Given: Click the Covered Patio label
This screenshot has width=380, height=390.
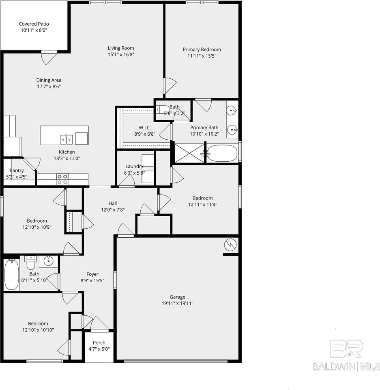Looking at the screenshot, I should click(34, 24).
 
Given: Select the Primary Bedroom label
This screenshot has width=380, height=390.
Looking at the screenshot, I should click(202, 50).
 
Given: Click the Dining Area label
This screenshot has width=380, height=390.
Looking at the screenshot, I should click(49, 80).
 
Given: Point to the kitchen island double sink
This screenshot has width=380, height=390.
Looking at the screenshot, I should click(67, 139).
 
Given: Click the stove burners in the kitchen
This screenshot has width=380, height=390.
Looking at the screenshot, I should click(62, 179).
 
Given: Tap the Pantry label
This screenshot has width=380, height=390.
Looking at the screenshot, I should click(17, 171).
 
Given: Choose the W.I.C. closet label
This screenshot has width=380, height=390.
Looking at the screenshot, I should click(145, 127).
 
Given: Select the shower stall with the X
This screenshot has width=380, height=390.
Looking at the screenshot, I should click(189, 153).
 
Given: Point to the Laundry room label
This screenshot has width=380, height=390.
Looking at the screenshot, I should click(134, 166).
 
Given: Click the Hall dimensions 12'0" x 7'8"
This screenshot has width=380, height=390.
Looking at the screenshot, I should click(113, 210).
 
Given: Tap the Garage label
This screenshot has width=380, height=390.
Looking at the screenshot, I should click(178, 297).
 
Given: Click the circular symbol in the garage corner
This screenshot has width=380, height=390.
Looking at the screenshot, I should click(230, 245).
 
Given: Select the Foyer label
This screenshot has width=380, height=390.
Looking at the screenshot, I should click(92, 274).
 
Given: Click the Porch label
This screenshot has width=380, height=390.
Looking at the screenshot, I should click(99, 342).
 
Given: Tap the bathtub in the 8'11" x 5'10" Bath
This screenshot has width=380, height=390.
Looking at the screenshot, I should click(12, 275).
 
